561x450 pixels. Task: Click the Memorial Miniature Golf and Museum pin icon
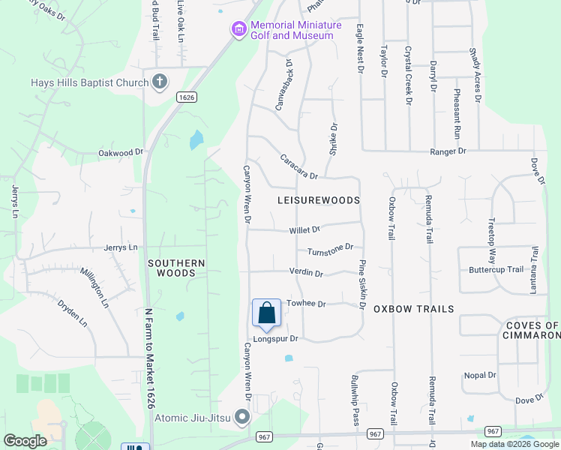[238, 30]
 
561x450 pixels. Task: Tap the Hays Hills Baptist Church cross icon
[159, 82]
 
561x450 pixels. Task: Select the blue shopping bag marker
[266, 313]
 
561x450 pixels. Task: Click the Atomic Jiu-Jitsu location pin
[241, 416]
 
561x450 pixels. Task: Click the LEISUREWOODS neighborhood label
[319, 201]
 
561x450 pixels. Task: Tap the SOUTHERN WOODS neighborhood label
[176, 268]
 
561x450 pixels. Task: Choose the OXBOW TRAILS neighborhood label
[413, 309]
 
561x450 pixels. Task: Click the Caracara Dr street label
[299, 166]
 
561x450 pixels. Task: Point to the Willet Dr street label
[305, 230]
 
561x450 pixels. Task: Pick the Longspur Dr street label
[275, 339]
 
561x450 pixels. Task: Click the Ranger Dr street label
[448, 151]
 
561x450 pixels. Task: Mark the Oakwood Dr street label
[121, 152]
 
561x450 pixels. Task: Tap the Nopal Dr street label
[481, 375]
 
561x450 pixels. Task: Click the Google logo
[25, 441]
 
